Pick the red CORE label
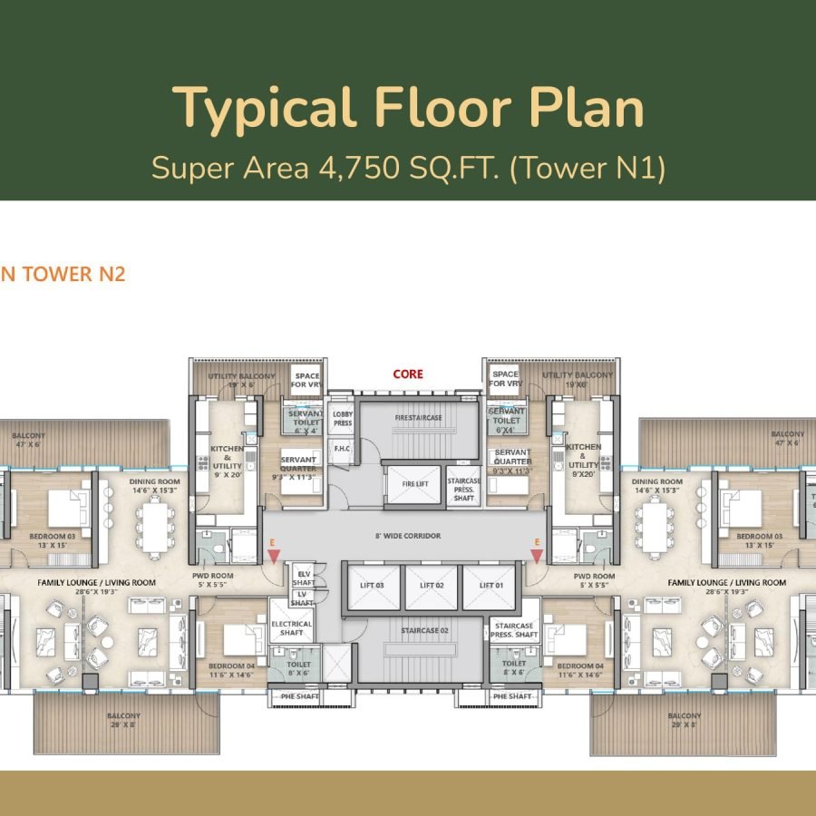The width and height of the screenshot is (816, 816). pyautogui.click(x=407, y=374)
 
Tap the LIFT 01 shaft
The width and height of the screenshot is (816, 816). pyautogui.click(x=489, y=586)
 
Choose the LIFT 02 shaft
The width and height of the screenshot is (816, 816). pyautogui.click(x=432, y=586)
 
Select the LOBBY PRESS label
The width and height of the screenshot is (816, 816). pyautogui.click(x=342, y=419)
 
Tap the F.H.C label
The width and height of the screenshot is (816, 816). pyautogui.click(x=342, y=449)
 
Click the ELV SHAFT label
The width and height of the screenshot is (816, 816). pyautogui.click(x=303, y=578)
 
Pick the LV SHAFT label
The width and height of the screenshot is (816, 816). pyautogui.click(x=302, y=598)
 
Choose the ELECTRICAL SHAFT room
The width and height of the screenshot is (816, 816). pyautogui.click(x=291, y=628)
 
